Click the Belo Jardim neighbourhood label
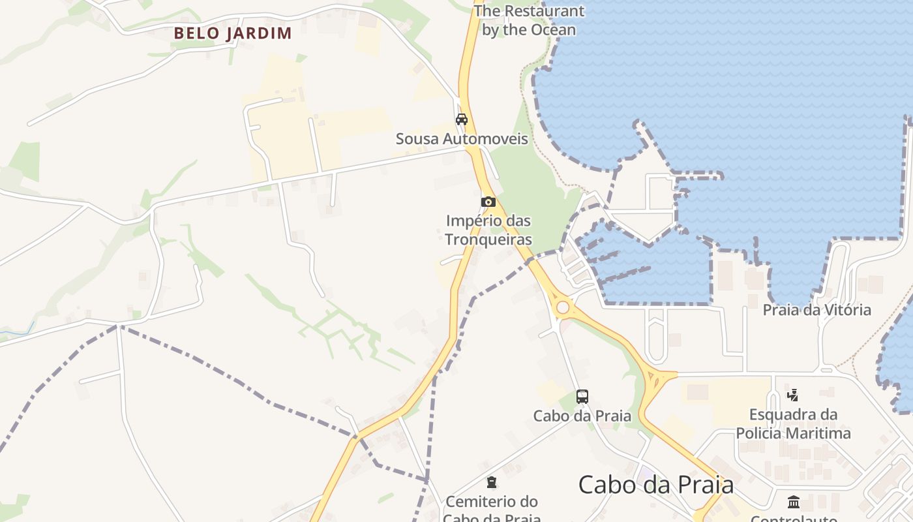coord(233,33)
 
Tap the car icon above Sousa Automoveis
coord(462,119)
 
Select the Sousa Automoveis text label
coord(462,139)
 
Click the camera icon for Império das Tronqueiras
coord(488,202)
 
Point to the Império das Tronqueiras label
coord(488,230)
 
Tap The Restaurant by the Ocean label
coord(529,20)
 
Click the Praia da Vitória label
coord(816,310)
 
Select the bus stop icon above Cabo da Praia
coord(582,396)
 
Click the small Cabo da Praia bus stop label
coord(582,416)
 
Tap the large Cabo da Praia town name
coord(655,485)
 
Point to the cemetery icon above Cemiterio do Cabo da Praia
coord(492,482)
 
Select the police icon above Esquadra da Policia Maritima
coord(793,395)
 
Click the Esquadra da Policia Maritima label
coord(793,423)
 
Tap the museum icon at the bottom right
coord(794,502)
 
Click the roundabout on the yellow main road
coord(562,307)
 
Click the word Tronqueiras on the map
coord(488,239)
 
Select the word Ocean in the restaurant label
coord(552,30)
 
